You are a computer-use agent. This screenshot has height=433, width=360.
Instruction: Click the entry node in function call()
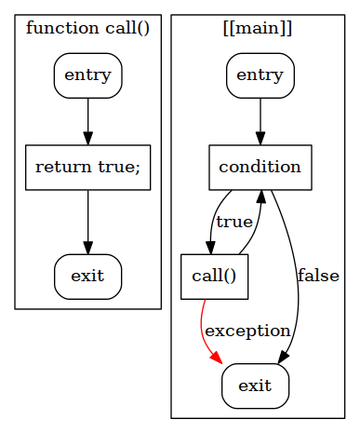87,75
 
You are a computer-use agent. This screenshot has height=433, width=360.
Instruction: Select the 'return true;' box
87,168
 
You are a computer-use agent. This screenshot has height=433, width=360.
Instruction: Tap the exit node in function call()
87,277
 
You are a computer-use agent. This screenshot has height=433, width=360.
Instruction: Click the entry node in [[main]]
260,75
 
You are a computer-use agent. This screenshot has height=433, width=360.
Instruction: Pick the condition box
260,168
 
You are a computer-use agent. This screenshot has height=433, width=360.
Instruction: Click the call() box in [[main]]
214,277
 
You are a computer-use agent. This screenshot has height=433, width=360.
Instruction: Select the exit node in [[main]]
255,386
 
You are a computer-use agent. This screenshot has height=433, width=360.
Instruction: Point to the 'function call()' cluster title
87,28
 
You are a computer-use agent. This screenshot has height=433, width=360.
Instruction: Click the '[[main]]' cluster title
259,28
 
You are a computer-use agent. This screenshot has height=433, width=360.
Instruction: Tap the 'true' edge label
233,222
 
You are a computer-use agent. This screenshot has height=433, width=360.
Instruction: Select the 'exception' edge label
247,331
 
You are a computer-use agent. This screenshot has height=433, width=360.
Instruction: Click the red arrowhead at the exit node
217,359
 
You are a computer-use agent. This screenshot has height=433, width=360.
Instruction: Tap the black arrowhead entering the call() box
211,247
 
